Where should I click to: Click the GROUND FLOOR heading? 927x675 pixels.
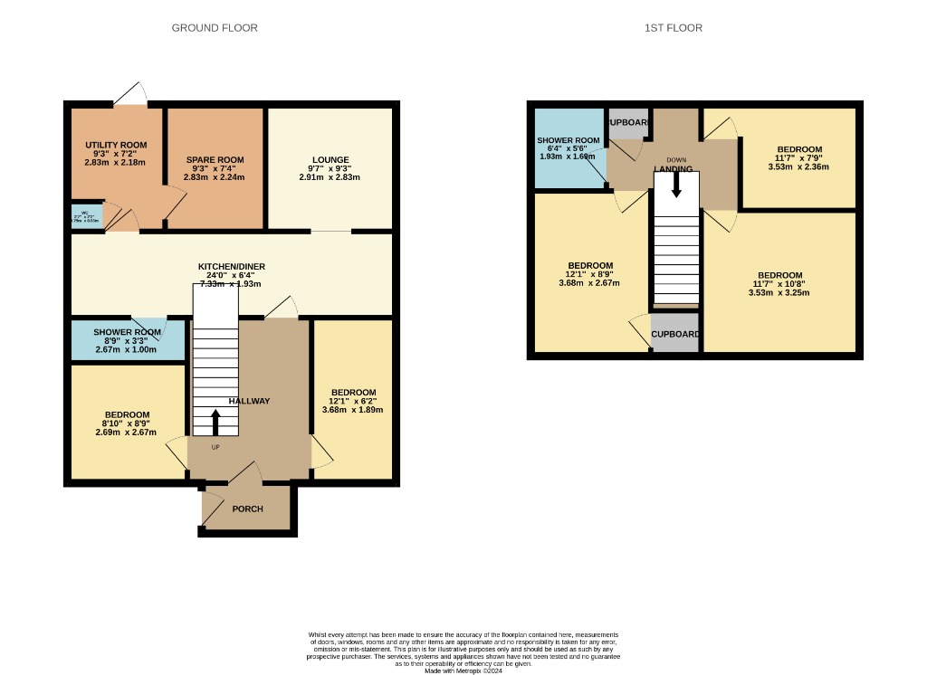[x=215, y=28]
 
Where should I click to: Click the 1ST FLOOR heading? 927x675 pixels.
[x=673, y=28]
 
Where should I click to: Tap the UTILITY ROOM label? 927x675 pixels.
[x=116, y=145]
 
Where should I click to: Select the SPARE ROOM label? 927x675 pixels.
[x=215, y=160]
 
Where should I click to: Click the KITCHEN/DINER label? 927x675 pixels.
[x=232, y=266]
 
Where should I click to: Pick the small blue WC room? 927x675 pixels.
[x=87, y=215]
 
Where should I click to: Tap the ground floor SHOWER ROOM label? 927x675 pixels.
[x=128, y=332]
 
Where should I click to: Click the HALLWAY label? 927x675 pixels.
[x=249, y=401]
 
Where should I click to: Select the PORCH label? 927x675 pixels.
[x=247, y=509]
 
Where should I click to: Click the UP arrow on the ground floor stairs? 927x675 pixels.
[x=215, y=422]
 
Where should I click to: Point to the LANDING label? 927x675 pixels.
[x=674, y=169]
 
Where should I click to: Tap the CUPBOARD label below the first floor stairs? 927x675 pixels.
[x=675, y=334]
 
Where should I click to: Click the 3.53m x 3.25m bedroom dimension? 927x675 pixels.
[x=779, y=292]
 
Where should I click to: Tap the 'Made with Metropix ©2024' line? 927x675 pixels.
[x=463, y=669]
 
